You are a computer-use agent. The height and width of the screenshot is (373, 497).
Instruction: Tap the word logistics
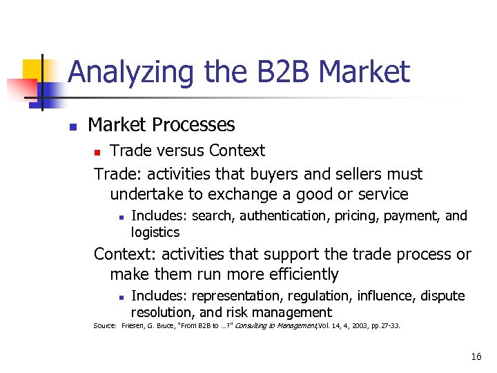[155, 232]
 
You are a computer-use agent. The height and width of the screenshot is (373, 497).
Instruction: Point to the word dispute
[442, 296]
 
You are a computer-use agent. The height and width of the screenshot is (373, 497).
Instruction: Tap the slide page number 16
[476, 357]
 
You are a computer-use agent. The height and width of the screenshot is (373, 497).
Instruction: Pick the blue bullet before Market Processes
[72, 126]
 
